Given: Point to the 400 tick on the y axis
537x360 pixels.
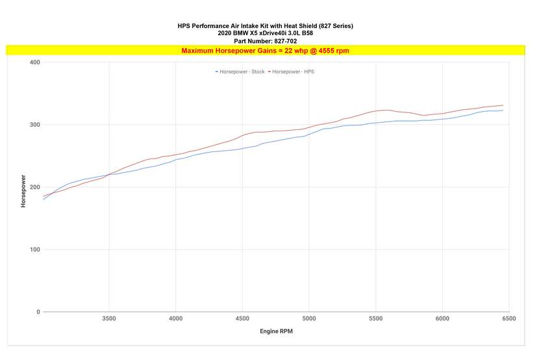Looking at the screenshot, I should click(x=35, y=62).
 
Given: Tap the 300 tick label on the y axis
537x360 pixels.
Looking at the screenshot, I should click(x=35, y=125).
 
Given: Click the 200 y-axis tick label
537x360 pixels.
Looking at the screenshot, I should click(x=35, y=187).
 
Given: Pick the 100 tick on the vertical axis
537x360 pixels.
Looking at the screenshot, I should click(x=35, y=250).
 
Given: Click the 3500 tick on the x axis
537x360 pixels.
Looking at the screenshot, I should click(x=109, y=319).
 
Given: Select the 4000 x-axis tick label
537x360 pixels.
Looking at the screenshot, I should click(x=176, y=319).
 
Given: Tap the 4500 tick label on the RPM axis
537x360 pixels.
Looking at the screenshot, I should click(x=242, y=319).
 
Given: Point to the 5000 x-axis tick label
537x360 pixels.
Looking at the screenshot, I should click(x=309, y=319).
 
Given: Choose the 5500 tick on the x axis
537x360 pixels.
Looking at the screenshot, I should click(x=375, y=319).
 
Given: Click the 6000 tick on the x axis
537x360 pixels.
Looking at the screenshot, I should click(x=442, y=319).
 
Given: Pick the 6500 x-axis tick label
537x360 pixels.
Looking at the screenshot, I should click(x=508, y=319).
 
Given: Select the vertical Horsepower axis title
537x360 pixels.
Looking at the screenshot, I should click(x=23, y=190).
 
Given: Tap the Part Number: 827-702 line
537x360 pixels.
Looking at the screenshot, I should click(x=266, y=41).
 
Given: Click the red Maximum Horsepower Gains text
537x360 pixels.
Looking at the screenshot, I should click(x=266, y=50).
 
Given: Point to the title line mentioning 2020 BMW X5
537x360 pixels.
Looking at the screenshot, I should click(x=266, y=33).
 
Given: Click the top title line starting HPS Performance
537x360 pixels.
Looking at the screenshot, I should click(x=266, y=26).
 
